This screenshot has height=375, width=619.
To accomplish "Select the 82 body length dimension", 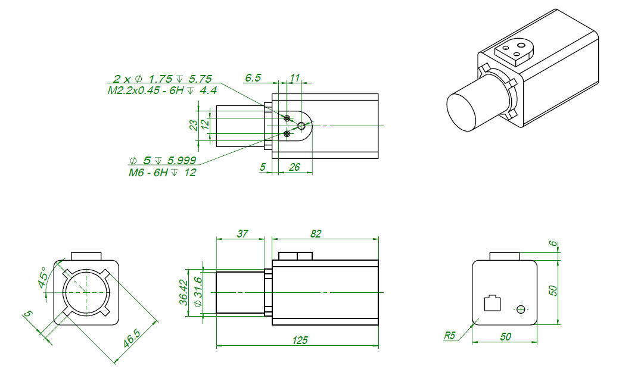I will (316, 234).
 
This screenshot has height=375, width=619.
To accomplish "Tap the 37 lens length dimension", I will (242, 234).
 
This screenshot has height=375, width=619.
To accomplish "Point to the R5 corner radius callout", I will (450, 336).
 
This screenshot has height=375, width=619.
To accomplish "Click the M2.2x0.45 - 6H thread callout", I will (162, 90).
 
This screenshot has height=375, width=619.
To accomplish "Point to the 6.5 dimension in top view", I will (253, 77).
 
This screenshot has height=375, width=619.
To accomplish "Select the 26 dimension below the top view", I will (294, 167).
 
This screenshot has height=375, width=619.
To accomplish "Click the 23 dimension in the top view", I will (193, 125).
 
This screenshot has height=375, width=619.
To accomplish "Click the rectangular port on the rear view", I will (492, 303).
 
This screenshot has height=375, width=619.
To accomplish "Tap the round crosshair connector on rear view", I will (521, 309).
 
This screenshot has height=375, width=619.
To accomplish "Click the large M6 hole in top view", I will (302, 126).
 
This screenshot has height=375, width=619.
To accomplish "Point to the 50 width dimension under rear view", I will (505, 337).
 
